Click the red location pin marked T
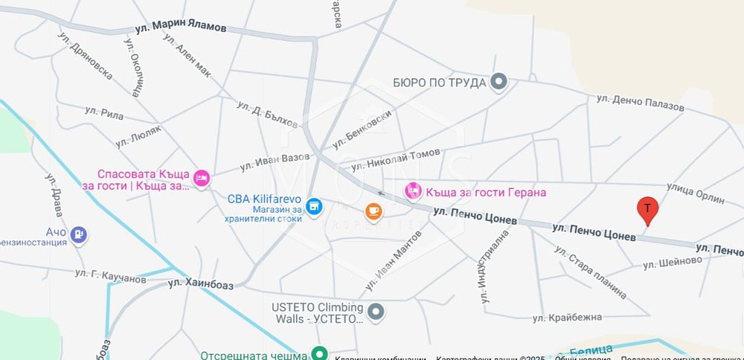(647, 210)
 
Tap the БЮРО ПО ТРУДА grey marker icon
(499, 82)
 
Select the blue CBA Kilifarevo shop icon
(314, 208)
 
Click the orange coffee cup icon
(373, 212)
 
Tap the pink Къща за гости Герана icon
(412, 192)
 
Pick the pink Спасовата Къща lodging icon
(201, 179)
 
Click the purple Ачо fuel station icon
(78, 236)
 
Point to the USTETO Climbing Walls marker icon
(376, 312)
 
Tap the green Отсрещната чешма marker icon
(319, 354)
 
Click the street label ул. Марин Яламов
(181, 28)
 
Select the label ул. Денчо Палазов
(640, 102)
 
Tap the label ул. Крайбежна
(567, 318)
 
